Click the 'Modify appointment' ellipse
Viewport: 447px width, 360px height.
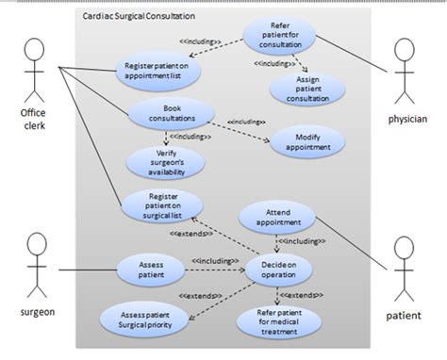pos(306,142)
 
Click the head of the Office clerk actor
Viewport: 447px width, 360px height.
pos(35,50)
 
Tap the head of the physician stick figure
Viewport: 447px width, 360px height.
pos(408,54)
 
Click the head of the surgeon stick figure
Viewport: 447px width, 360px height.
pos(36,244)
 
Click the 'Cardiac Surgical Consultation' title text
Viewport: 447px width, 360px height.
pos(139,17)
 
